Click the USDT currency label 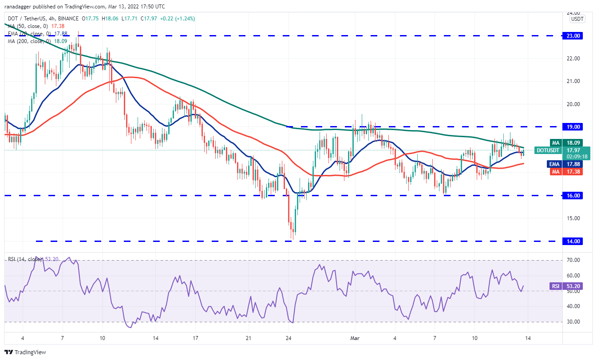(x=577, y=19)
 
